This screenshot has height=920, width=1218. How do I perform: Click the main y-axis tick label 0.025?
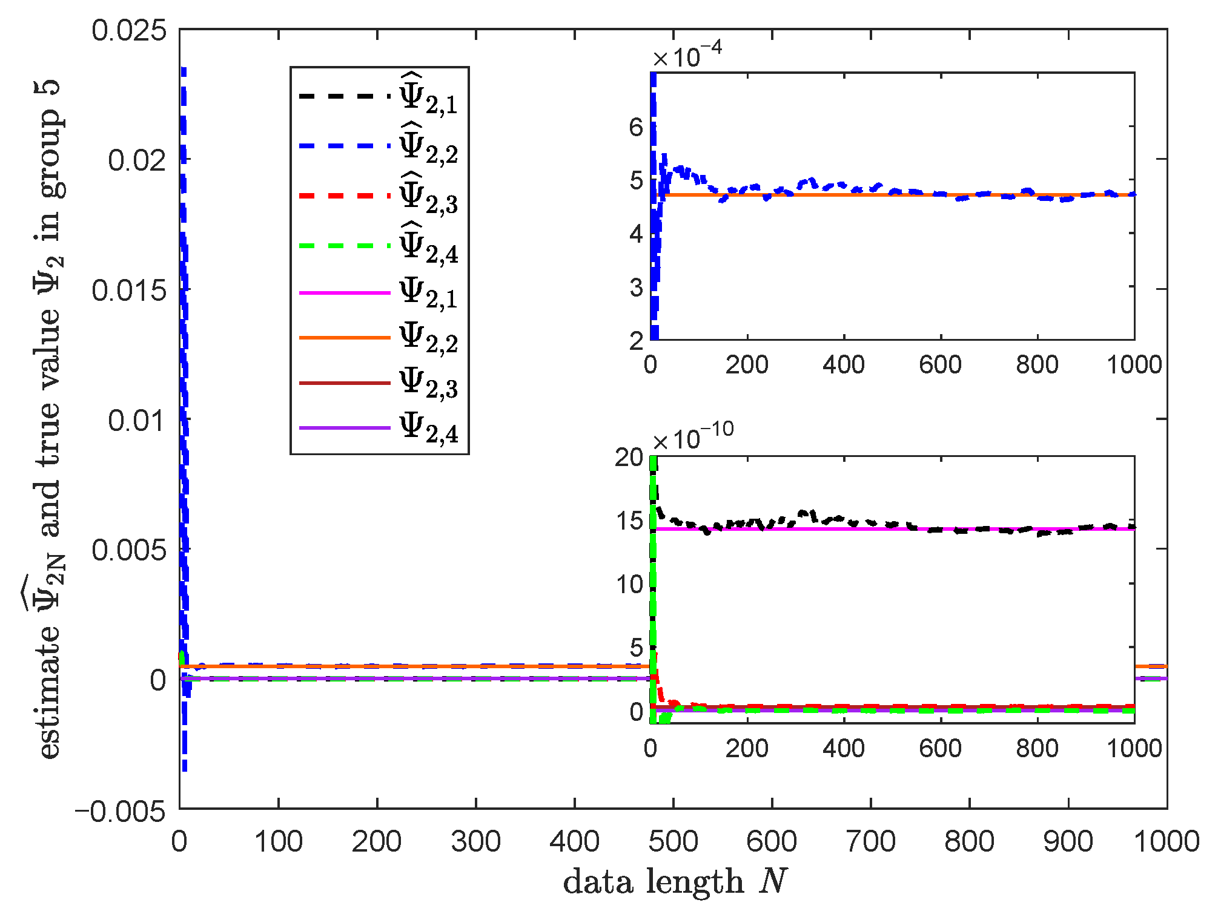tap(128, 30)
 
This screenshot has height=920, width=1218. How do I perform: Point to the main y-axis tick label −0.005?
tap(120, 810)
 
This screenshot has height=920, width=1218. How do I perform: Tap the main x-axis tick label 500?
tap(673, 842)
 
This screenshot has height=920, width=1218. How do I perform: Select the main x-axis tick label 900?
tap(1068, 842)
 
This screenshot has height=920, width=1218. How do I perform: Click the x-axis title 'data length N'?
tap(675, 881)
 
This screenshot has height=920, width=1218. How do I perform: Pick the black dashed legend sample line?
tap(344, 96)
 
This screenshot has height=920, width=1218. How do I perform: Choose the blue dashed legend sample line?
tap(344, 146)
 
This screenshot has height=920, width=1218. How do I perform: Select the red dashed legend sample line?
tap(344, 195)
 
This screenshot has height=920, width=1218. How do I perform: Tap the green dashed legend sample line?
tap(344, 246)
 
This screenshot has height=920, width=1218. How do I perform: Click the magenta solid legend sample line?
tap(344, 292)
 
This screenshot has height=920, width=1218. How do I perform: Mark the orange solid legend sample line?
tap(344, 337)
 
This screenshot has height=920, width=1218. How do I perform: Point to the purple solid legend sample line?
tap(344, 428)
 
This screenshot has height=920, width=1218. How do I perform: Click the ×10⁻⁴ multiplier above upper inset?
tap(687, 57)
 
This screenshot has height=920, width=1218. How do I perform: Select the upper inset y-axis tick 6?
tap(635, 127)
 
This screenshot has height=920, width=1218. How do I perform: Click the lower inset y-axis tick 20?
tap(629, 458)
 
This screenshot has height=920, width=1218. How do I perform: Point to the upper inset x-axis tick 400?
tap(843, 365)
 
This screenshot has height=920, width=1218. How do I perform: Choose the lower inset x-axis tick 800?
tap(1037, 749)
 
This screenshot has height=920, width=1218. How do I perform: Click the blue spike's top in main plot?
tap(184, 69)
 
